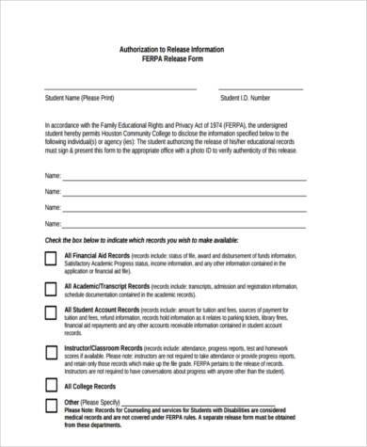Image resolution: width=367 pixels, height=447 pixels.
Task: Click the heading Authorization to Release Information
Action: point(184,48)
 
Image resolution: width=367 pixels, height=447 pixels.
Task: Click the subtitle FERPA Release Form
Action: point(184,58)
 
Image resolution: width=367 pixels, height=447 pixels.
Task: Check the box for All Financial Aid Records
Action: point(48,259)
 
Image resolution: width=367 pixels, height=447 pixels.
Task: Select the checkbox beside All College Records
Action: point(48,386)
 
